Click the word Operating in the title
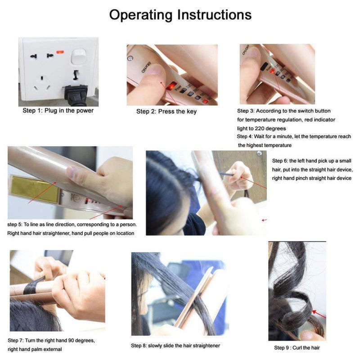141,15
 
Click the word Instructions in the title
215,15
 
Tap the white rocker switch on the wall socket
78,57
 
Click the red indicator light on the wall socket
60,52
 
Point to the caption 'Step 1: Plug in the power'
58,111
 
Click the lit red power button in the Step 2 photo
171,87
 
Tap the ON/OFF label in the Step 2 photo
146,67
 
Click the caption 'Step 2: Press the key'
166,111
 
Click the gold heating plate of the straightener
35,189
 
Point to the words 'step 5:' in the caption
15,225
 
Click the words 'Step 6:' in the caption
280,161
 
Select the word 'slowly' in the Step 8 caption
155,346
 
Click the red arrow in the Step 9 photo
319,314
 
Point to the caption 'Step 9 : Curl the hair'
297,348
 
